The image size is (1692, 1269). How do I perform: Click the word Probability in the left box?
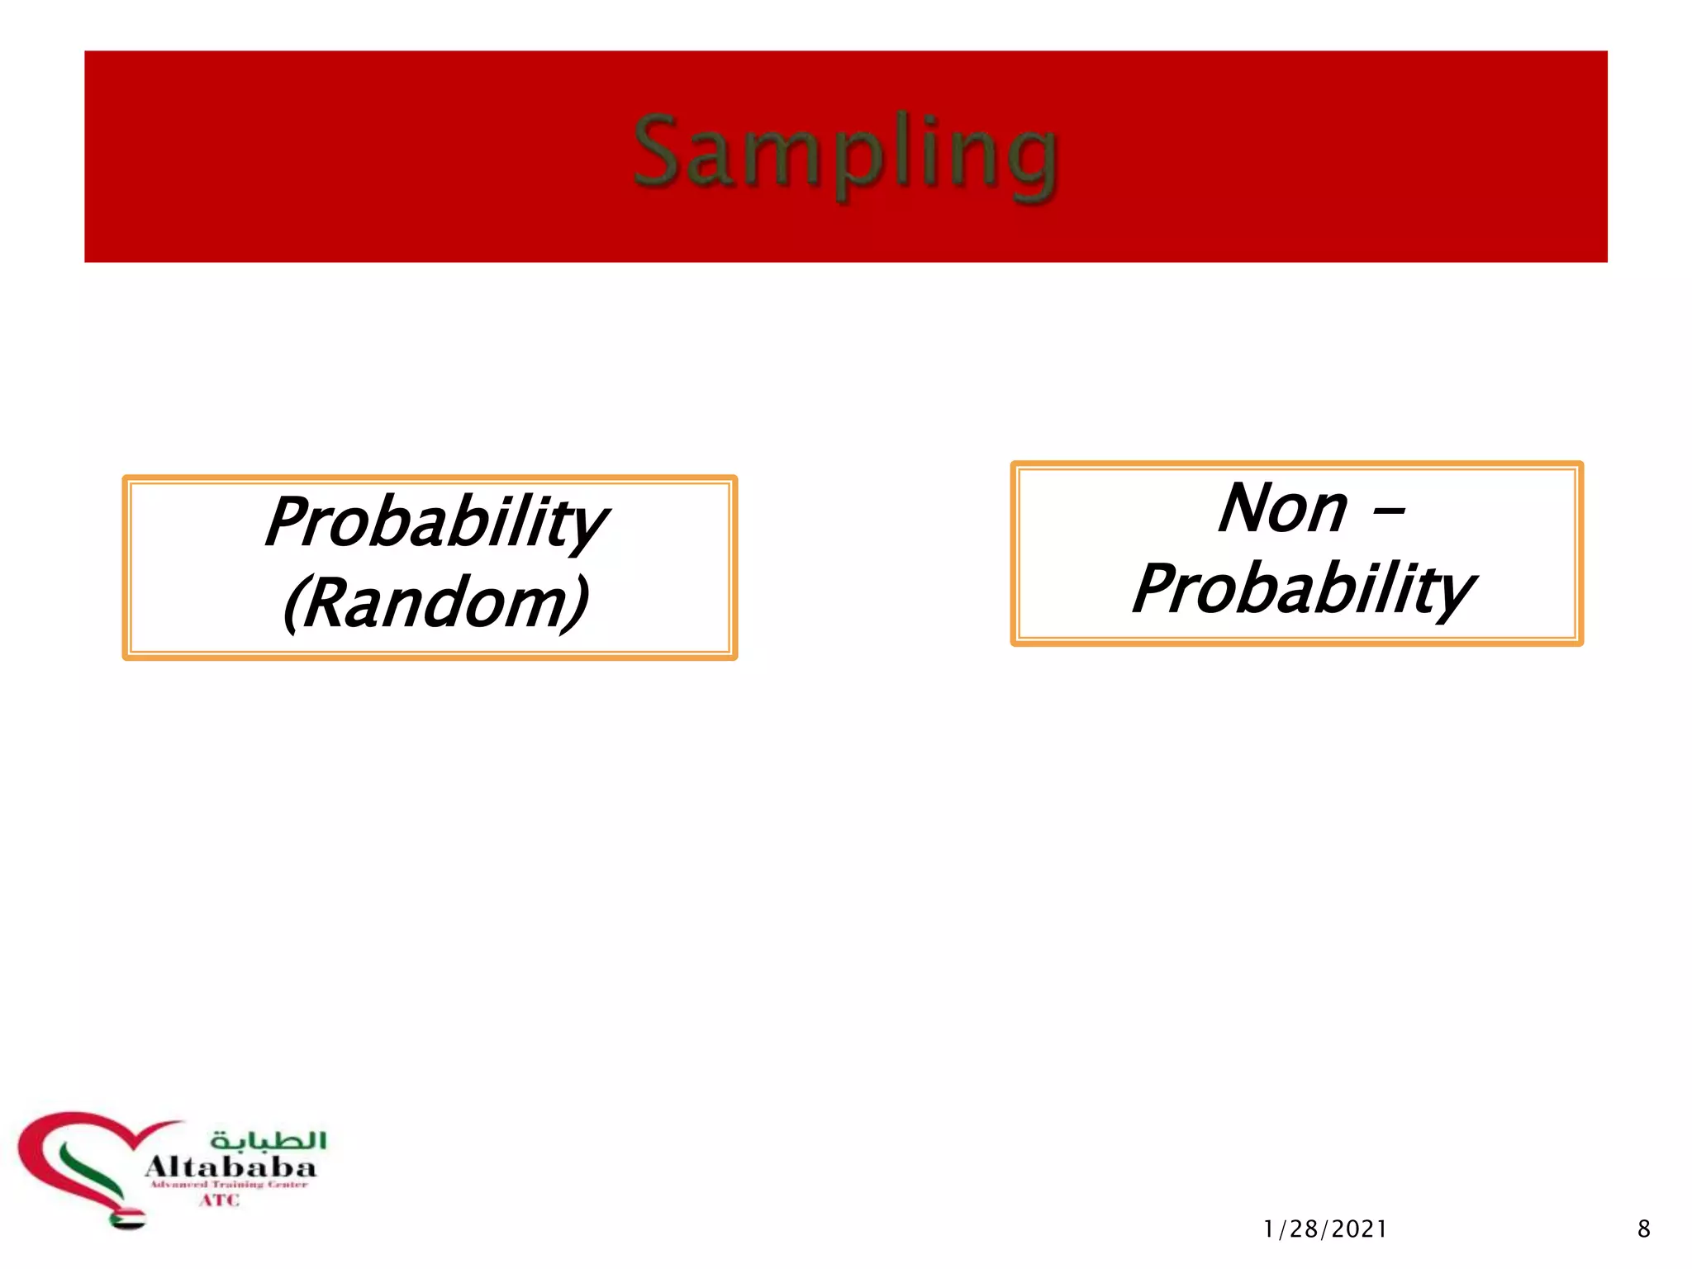click(435, 523)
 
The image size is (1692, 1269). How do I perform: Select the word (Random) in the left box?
click(435, 603)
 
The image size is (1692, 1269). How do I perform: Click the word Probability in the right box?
click(1303, 589)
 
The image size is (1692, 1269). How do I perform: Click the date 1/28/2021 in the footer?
click(1325, 1229)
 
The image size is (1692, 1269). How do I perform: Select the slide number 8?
click(1643, 1229)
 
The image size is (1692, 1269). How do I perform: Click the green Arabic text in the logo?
click(269, 1140)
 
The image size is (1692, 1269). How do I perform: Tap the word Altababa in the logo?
click(231, 1167)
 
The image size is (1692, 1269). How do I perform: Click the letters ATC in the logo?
click(219, 1200)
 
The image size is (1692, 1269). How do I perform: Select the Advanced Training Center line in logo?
click(228, 1185)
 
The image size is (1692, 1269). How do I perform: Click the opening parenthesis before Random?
click(294, 605)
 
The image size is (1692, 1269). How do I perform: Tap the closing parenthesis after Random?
click(578, 605)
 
